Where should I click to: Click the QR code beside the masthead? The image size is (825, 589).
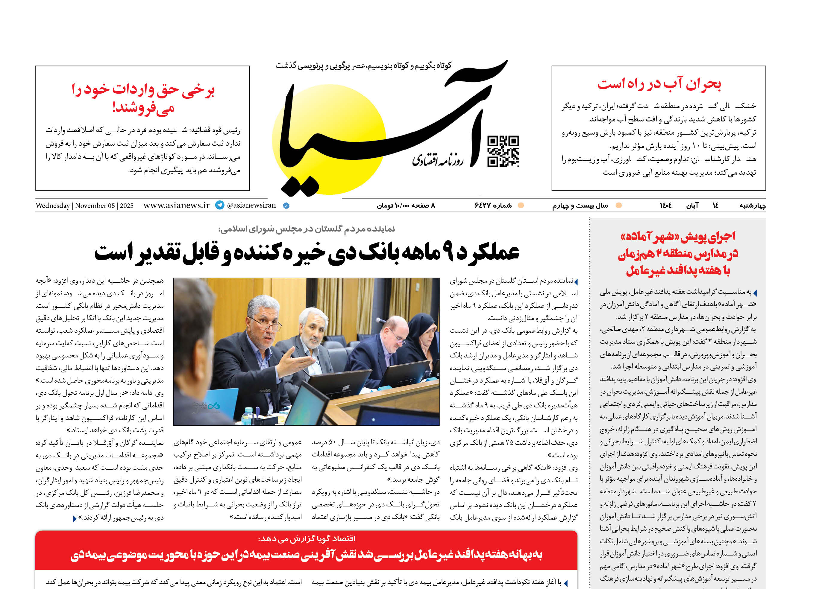pos(503,151)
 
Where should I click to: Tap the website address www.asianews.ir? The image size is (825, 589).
pos(176,205)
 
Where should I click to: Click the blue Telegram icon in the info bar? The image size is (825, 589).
pos(220,205)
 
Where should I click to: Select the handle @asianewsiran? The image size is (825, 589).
pos(251,205)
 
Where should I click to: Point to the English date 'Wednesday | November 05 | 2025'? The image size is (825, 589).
pos(85,206)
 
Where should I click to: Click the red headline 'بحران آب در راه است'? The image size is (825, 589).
pos(659,84)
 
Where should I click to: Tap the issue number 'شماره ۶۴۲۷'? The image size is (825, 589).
pos(493,206)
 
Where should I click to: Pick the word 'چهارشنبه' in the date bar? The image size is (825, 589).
pos(753,206)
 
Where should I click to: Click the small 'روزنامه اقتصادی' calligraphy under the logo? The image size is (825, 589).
pos(437,160)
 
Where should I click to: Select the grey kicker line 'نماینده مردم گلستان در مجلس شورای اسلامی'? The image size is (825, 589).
pos(307,229)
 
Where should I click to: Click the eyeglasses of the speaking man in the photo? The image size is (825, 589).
pos(268,325)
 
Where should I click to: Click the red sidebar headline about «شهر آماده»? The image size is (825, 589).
pos(678,253)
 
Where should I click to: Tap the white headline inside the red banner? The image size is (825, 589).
pos(307,555)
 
